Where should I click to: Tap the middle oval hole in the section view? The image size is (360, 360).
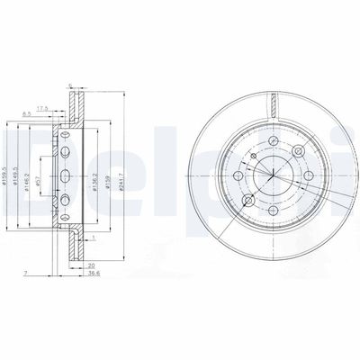tap(67, 170)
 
